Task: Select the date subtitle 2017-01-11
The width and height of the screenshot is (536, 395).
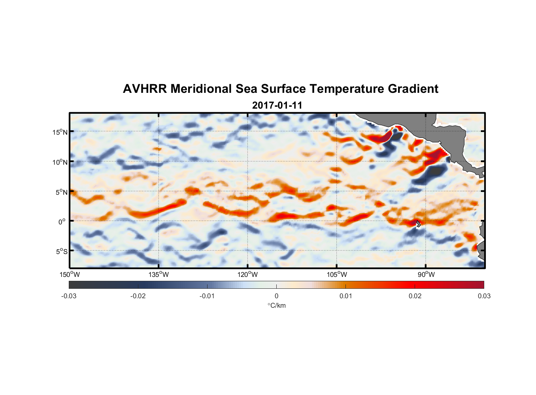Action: tap(277, 105)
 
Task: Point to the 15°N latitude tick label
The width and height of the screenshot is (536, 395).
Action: tap(60, 132)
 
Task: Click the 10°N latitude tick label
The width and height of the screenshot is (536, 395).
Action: tap(60, 162)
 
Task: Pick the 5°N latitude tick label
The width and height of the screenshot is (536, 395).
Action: tap(61, 192)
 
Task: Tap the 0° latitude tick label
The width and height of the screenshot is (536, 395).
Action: tap(62, 222)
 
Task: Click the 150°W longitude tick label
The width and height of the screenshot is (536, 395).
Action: tap(70, 275)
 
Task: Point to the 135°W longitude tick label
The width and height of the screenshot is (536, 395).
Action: tap(159, 275)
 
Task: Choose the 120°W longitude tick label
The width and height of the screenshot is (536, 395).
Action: tap(247, 275)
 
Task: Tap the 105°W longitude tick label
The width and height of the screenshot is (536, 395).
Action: tap(337, 275)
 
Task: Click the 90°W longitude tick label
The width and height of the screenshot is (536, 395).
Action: tap(426, 275)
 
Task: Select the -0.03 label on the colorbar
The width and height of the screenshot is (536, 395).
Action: tap(69, 296)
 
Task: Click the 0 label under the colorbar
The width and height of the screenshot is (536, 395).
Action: tap(276, 296)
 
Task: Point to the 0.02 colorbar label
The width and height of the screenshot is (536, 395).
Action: tap(415, 296)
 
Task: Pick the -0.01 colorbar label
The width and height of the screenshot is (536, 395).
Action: tap(207, 296)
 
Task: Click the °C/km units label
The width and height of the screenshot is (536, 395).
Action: tap(276, 305)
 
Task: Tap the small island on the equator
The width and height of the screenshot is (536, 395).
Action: tap(418, 224)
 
